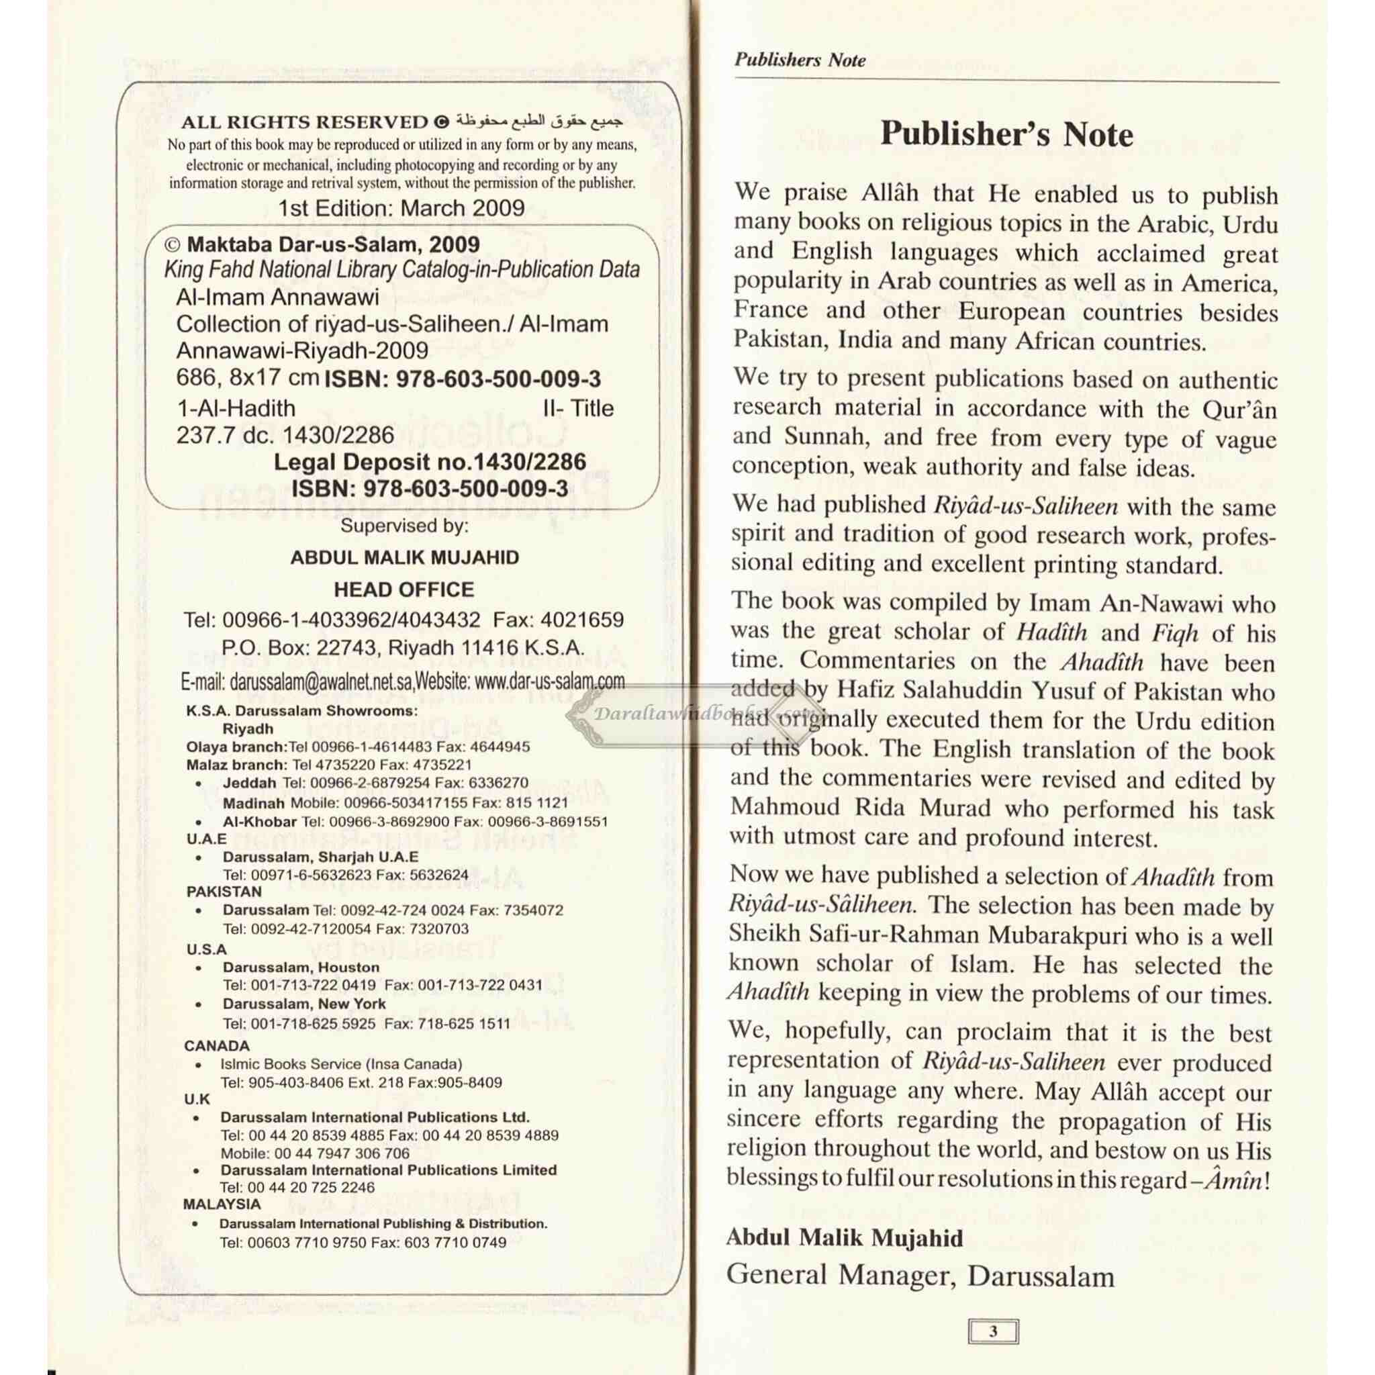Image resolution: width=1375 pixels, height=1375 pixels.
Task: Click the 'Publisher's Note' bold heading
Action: coord(1006,134)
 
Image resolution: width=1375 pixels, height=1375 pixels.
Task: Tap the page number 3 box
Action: coord(993,1331)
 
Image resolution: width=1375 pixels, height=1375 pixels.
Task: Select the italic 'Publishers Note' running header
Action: coord(800,60)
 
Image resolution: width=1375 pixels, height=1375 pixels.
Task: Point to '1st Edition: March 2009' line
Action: coord(401,209)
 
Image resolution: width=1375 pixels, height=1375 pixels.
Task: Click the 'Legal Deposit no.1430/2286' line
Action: coord(430,462)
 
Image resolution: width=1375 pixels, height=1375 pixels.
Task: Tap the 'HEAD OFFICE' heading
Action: coord(404,589)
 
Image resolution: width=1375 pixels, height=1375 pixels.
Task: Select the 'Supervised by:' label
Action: coord(404,526)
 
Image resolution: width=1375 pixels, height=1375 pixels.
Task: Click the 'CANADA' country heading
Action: coord(216,1045)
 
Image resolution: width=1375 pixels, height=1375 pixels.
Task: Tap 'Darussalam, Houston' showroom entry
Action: coord(300,967)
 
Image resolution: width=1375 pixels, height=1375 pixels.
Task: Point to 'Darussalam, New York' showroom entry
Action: coord(304,1004)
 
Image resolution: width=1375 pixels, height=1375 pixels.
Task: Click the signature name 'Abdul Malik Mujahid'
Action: coord(844,1237)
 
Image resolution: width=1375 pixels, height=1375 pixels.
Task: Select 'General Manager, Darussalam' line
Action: coord(920,1276)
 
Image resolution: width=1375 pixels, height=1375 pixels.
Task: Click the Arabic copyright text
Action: coord(538,120)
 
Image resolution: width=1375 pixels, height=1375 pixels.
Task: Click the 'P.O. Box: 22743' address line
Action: coord(403,649)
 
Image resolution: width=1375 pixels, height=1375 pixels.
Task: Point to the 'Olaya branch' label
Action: coord(236,747)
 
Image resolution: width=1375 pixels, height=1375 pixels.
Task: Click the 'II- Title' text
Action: coord(578,408)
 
